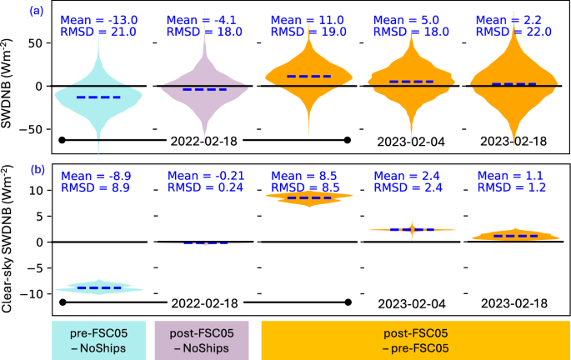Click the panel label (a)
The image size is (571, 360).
(37, 11)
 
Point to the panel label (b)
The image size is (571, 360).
(37, 169)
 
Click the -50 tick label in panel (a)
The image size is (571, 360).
(31, 129)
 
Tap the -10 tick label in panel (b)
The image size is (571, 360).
(31, 294)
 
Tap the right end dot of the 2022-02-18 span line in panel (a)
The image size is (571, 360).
(348, 140)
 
